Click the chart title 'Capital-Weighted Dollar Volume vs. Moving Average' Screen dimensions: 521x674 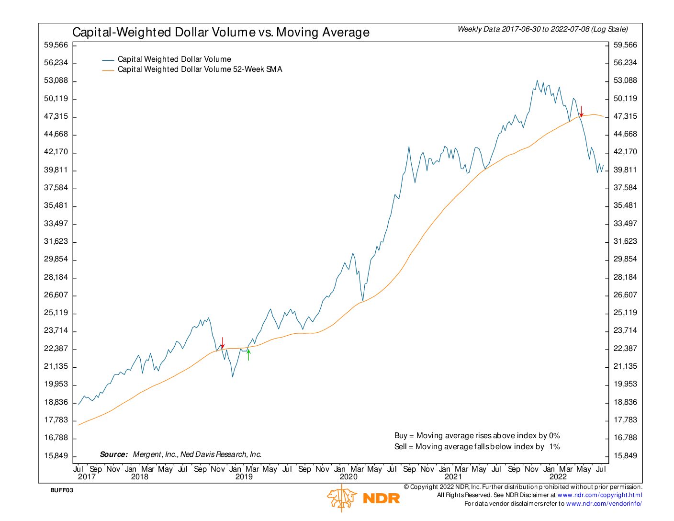tap(221, 33)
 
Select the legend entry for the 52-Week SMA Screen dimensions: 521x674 tap(200, 69)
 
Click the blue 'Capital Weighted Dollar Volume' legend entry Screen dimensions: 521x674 tap(174, 59)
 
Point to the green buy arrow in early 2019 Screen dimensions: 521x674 tap(248, 355)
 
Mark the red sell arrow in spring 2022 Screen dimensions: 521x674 tap(581, 111)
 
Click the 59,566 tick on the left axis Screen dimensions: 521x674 tap(56, 45)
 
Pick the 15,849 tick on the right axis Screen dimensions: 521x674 tap(625, 455)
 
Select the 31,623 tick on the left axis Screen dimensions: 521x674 tap(56, 241)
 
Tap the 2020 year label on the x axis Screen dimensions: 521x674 tap(348, 476)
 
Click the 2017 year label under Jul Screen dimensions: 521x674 tap(87, 476)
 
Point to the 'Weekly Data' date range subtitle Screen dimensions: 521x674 tap(542, 29)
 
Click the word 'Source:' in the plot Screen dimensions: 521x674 tap(114, 454)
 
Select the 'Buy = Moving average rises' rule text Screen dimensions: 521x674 tap(477, 436)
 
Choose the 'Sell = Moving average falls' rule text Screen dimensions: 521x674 tap(477, 447)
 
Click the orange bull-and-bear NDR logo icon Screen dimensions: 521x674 tap(342, 498)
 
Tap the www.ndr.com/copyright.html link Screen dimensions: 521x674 tap(599, 495)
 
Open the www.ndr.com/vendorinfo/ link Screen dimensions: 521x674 tap(604, 504)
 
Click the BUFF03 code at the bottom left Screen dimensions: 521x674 tap(62, 490)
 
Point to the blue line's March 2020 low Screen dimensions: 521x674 tap(363, 301)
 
